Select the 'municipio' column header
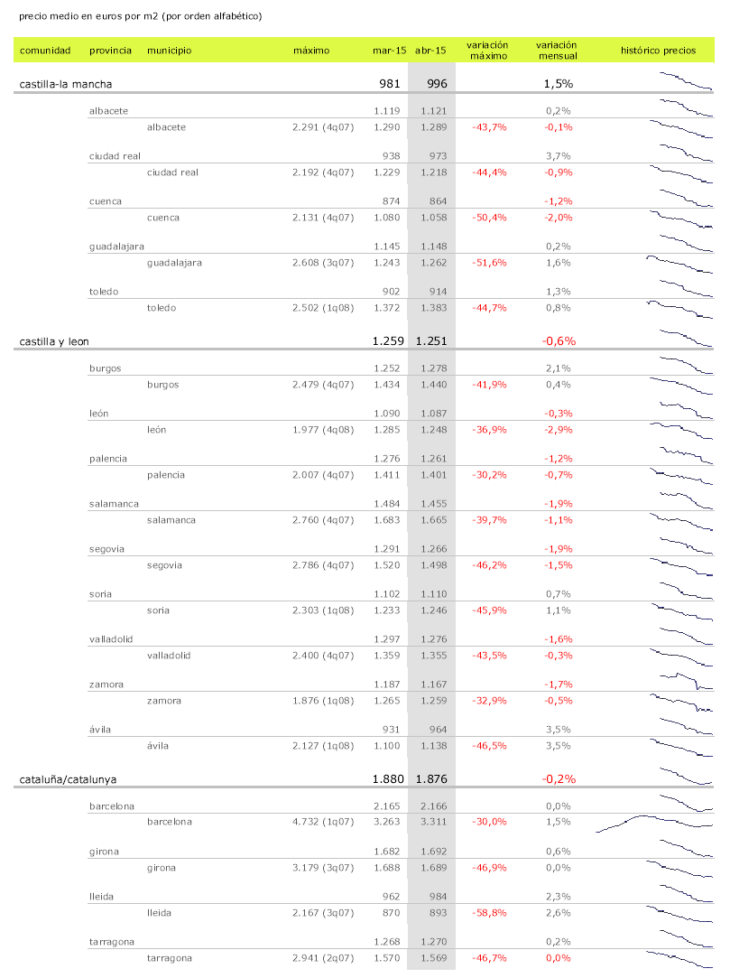(x=169, y=51)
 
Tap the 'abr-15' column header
(x=430, y=51)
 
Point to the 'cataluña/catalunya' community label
(x=69, y=778)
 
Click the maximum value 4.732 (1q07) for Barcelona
(x=323, y=822)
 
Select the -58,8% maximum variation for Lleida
(x=489, y=913)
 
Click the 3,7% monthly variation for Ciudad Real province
(x=559, y=156)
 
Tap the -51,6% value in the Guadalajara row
(x=489, y=263)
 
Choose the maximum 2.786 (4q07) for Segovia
(x=323, y=565)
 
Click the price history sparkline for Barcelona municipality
(x=654, y=822)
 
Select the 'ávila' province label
(x=102, y=730)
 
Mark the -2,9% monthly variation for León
(x=559, y=430)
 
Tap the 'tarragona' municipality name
(x=171, y=958)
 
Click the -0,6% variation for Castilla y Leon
(x=559, y=341)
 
